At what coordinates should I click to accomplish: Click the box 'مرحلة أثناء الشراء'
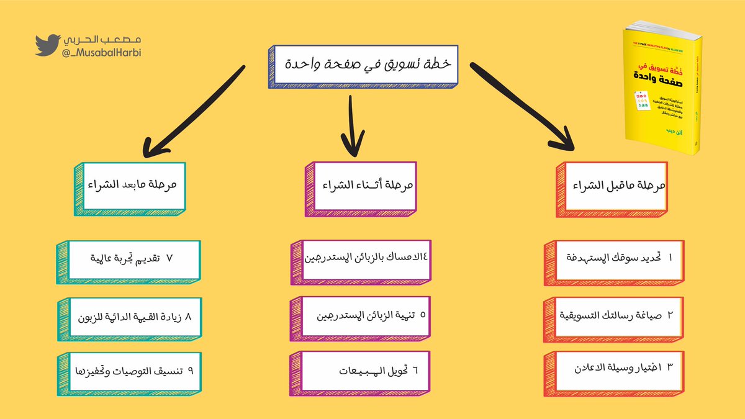click(370, 186)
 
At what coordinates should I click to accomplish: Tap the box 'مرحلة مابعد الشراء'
click(133, 186)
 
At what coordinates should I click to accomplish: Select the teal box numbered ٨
click(133, 317)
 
